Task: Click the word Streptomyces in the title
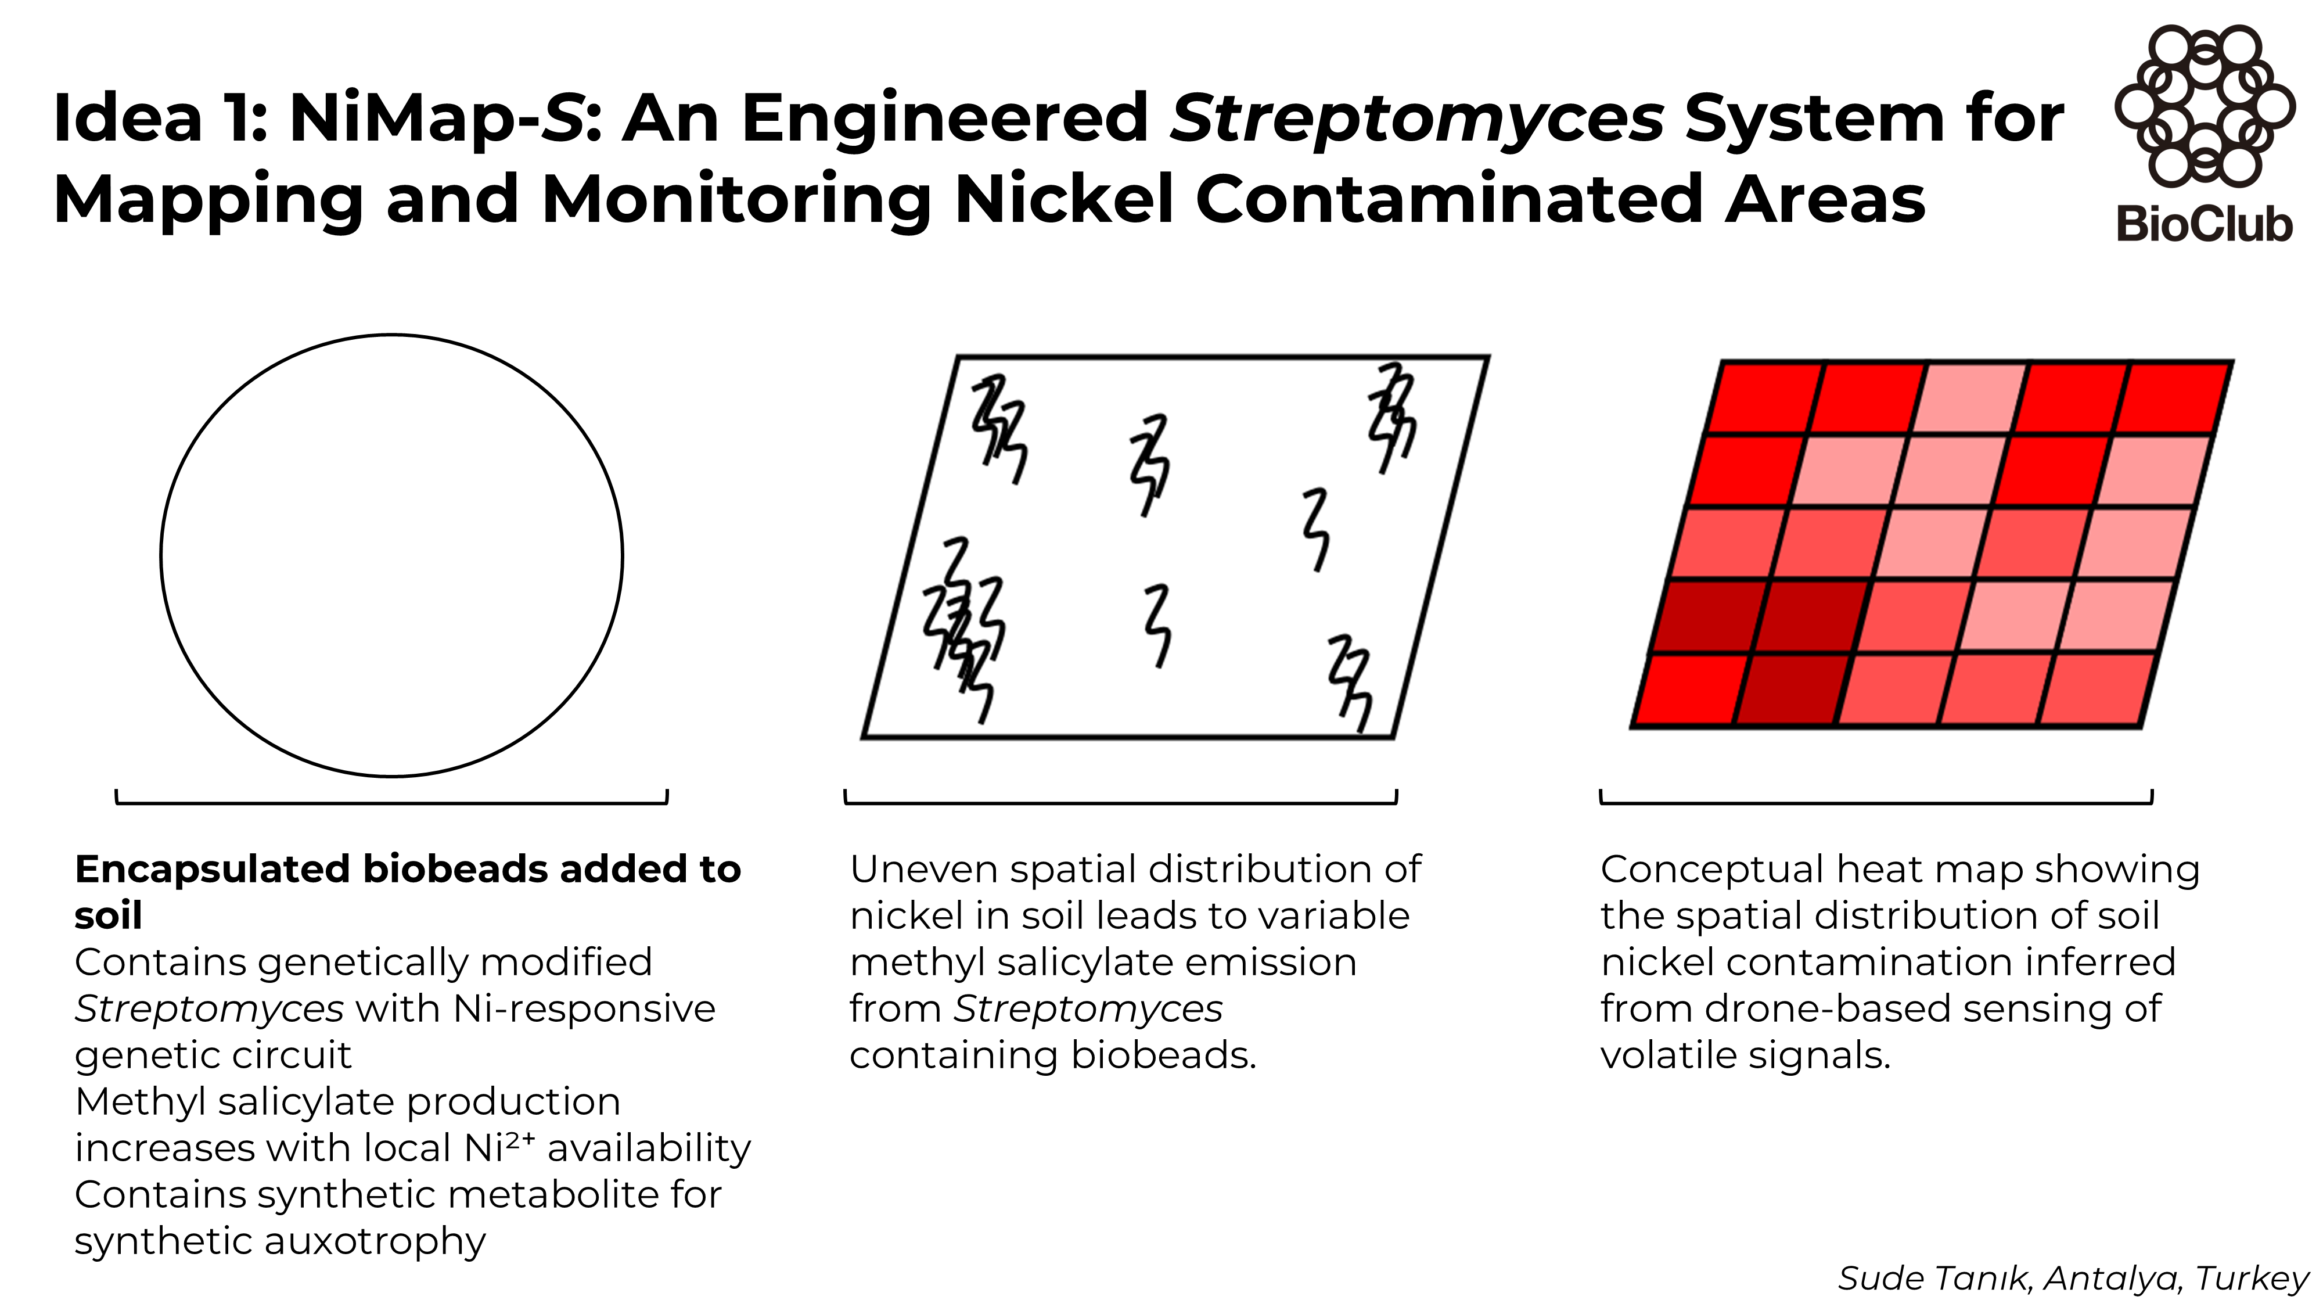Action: pyautogui.click(x=1416, y=118)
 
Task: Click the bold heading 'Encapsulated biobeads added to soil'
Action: pyautogui.click(x=407, y=870)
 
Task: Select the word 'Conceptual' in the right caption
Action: pyautogui.click(x=1711, y=870)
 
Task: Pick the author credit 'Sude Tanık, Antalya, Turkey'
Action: pyautogui.click(x=2072, y=1278)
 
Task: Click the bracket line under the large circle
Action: pyautogui.click(x=391, y=802)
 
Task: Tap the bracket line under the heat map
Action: pyautogui.click(x=1876, y=802)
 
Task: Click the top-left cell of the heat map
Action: pyautogui.click(x=1763, y=398)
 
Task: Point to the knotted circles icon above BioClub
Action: pyautogui.click(x=2204, y=106)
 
